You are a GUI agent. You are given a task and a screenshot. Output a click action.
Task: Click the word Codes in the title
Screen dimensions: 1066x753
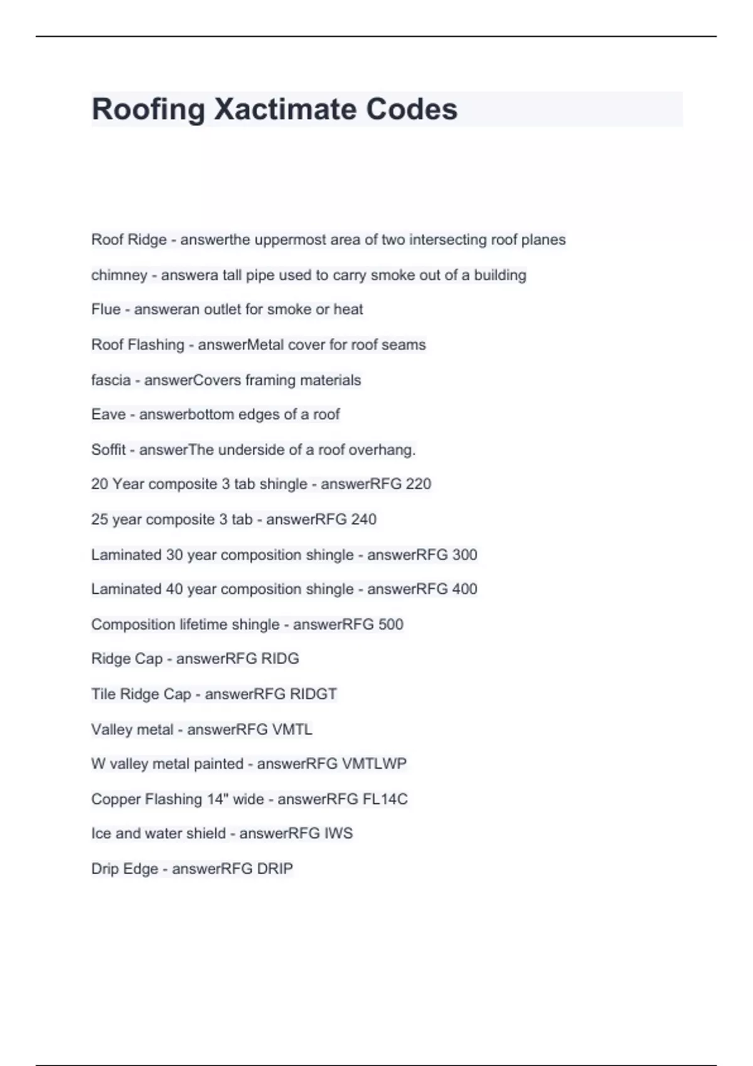[x=412, y=110]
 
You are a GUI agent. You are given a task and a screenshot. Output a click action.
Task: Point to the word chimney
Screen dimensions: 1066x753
[x=119, y=275]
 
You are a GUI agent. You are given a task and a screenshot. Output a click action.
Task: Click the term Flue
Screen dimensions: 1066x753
[x=105, y=309]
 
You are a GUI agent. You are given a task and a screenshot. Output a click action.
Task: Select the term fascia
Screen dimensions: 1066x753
[x=110, y=380]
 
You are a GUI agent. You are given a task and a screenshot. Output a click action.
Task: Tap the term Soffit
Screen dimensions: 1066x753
[x=108, y=450]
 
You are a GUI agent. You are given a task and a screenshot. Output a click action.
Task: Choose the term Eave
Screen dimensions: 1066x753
[x=108, y=414]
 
